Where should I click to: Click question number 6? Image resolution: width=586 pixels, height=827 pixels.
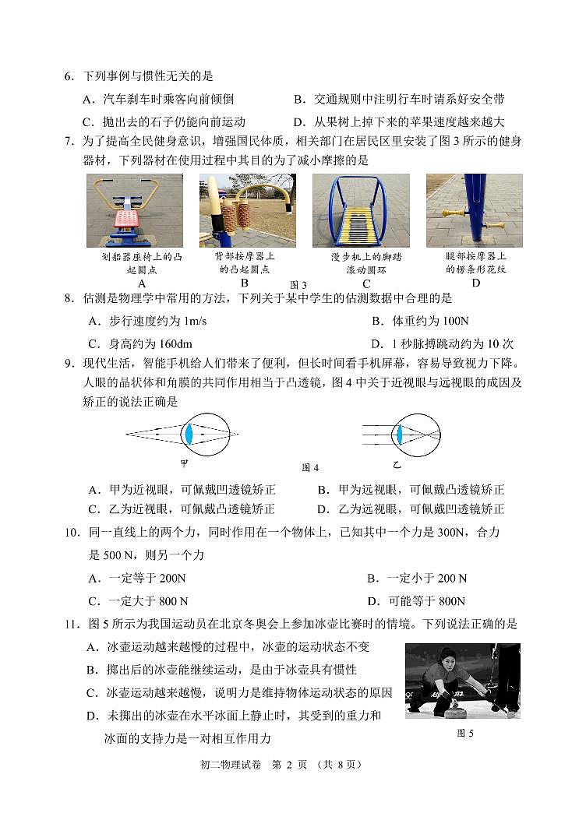68,76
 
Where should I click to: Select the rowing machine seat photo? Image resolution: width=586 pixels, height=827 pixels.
134,210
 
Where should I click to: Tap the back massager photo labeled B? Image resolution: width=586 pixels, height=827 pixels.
247,210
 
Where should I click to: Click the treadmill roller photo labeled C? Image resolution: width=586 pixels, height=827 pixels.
361,210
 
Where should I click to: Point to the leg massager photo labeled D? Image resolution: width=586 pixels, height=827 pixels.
475,210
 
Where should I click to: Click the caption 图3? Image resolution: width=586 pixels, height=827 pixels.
298,285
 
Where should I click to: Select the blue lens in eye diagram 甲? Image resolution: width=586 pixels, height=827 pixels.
188,434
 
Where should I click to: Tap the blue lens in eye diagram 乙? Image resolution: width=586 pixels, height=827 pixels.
398,434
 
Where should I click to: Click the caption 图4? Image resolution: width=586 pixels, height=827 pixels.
310,468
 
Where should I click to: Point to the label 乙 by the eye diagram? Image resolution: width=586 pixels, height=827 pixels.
396,465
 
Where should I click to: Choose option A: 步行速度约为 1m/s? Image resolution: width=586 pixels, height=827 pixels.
148,321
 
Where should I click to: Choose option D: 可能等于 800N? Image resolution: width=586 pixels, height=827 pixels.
416,601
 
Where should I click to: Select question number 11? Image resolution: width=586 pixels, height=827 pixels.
70,625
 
